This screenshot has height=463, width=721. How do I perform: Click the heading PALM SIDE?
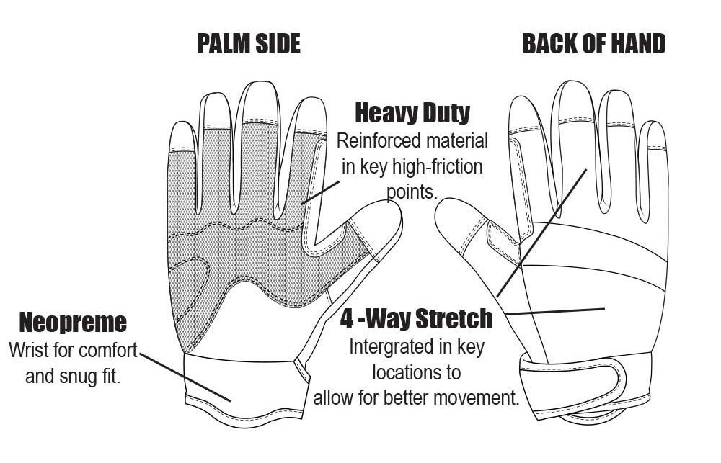tap(249, 44)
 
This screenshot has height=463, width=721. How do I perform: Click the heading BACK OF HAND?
tap(593, 44)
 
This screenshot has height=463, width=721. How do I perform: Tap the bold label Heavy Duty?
tap(412, 113)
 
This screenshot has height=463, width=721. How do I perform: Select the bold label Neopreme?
tap(72, 322)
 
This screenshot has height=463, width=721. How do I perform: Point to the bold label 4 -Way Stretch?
tap(417, 318)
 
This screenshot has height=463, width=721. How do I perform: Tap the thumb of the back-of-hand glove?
tap(461, 222)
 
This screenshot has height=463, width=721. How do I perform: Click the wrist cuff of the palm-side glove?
tap(238, 378)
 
